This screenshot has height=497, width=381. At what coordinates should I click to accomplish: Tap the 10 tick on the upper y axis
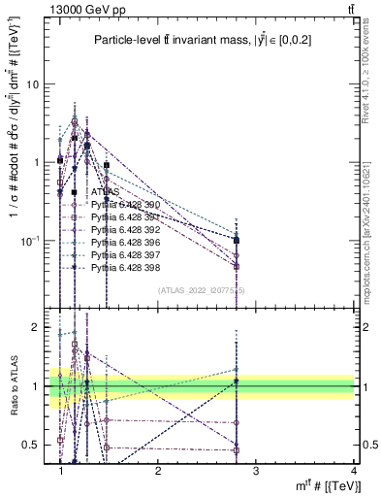pos(32,84)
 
